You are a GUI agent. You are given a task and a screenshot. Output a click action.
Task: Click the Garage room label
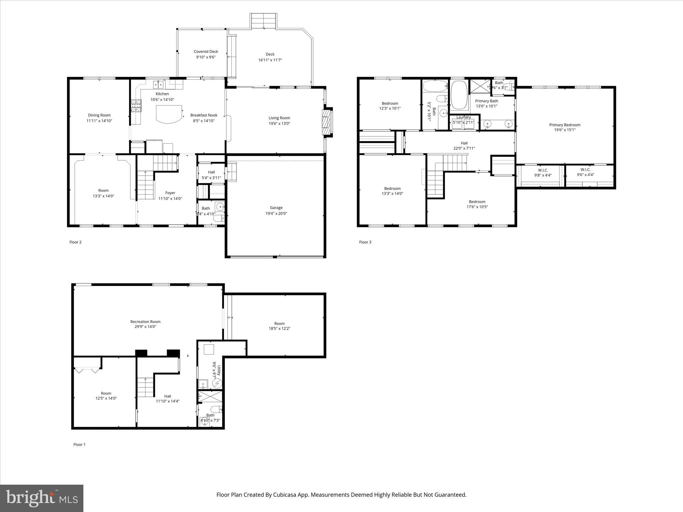click(276, 208)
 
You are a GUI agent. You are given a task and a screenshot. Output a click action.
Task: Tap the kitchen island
click(169, 114)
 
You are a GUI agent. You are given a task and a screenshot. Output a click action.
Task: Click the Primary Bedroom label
click(565, 125)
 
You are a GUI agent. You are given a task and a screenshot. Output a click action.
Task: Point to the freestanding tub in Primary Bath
click(459, 95)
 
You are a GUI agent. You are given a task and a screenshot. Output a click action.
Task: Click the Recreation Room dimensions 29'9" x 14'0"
click(145, 327)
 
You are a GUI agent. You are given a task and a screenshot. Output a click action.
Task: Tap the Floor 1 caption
click(79, 444)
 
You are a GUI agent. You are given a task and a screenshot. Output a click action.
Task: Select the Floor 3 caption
click(365, 242)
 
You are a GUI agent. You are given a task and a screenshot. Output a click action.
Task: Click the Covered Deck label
click(206, 52)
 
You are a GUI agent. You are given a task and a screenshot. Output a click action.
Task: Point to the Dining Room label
click(99, 115)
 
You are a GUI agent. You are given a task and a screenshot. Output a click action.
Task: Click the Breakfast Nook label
click(204, 115)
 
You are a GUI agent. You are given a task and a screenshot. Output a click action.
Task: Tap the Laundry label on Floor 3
click(464, 117)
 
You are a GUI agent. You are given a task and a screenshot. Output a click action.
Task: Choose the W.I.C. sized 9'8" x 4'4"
click(543, 173)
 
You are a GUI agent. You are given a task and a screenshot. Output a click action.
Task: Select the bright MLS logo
click(42, 498)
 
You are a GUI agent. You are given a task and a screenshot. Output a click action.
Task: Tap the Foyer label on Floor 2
click(170, 193)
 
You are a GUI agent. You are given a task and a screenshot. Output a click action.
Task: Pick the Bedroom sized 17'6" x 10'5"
click(477, 204)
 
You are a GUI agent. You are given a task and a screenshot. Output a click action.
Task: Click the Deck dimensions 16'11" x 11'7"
click(270, 60)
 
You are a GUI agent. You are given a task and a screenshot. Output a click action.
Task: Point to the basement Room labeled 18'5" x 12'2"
click(279, 326)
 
